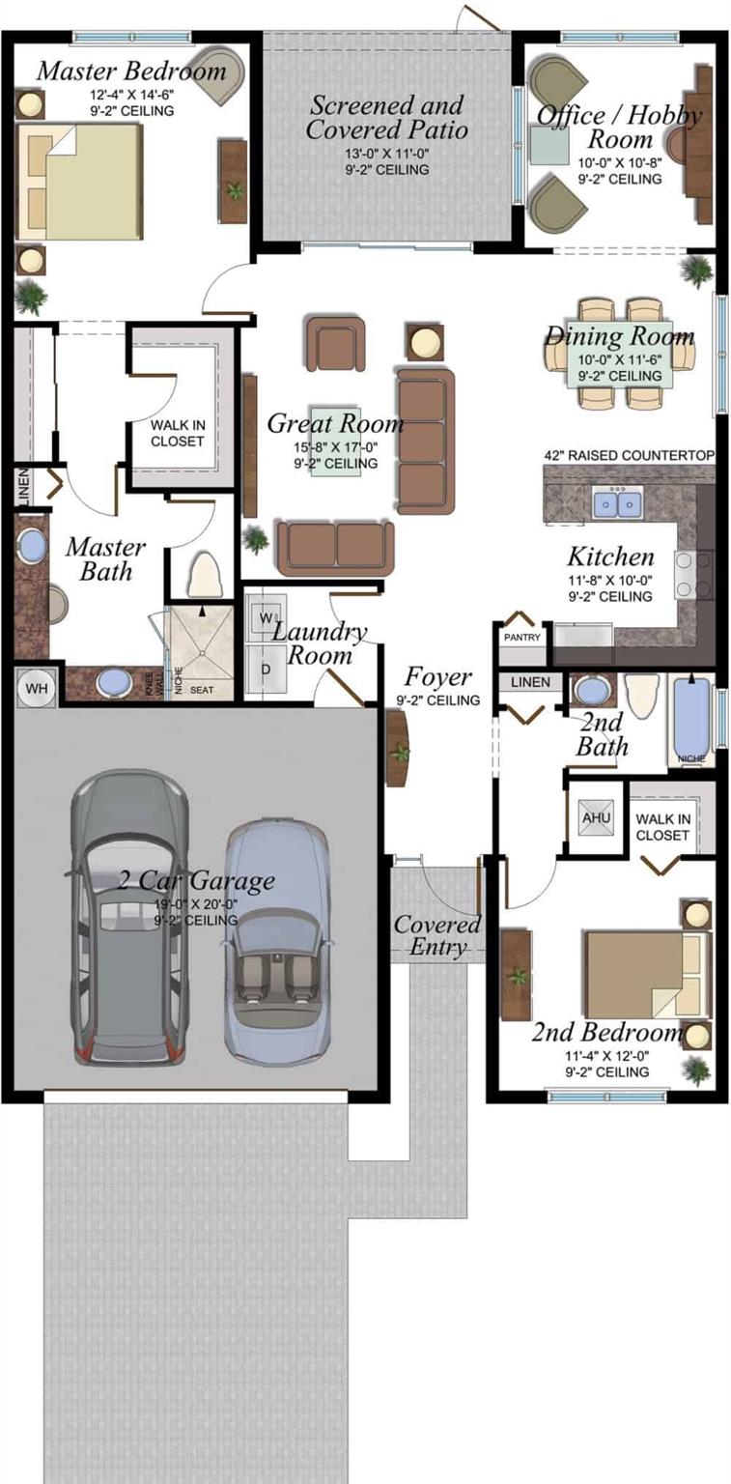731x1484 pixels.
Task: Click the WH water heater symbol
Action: pos(36,687)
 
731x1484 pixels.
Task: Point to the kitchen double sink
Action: pos(618,503)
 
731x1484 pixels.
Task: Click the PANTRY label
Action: pos(522,638)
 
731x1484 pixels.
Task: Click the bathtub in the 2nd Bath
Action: pos(691,720)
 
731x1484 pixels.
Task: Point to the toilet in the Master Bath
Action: pos(205,576)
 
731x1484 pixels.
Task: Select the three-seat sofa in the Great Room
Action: pos(424,440)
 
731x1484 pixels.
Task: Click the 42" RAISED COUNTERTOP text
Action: pos(629,455)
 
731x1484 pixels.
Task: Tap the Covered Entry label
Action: pos(436,934)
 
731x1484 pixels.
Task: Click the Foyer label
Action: pos(437,676)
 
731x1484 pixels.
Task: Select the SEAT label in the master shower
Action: pos(202,690)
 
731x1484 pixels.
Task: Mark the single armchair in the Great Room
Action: pos(335,343)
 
